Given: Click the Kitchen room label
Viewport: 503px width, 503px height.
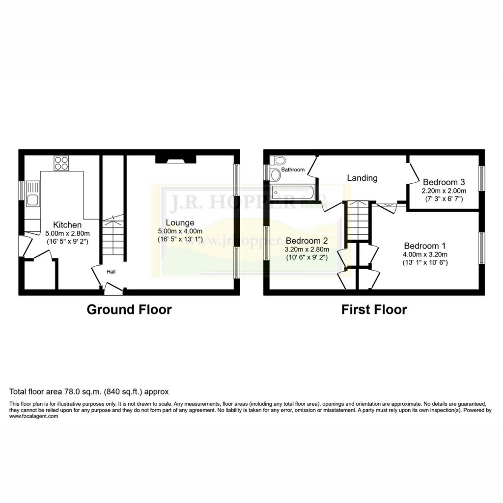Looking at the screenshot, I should click(x=67, y=225).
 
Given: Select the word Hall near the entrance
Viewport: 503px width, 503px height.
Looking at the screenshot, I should click(x=111, y=271).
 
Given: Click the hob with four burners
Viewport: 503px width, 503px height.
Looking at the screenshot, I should click(x=61, y=163).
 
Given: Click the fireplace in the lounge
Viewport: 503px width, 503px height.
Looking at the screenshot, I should click(x=176, y=159).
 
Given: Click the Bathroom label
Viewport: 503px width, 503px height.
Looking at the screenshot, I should click(x=294, y=170).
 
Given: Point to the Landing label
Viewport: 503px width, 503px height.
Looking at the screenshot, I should click(x=362, y=178).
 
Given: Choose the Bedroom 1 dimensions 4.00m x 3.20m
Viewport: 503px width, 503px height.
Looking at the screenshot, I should click(x=426, y=254).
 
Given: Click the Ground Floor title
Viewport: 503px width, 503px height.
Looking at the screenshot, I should click(x=129, y=309).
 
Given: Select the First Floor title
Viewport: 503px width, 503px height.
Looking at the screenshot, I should click(x=374, y=309).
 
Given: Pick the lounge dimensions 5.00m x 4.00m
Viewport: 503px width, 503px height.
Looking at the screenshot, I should click(x=180, y=231).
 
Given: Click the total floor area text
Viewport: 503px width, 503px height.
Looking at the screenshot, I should click(x=89, y=391).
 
